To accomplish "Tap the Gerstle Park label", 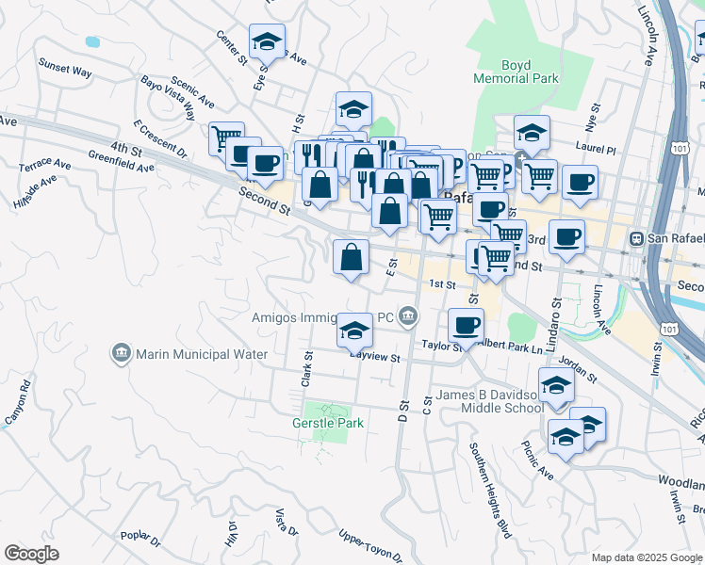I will [327, 423].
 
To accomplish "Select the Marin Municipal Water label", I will [203, 354].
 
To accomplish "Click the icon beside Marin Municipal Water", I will [122, 354].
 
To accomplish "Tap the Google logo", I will [31, 554].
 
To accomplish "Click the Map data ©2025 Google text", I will [646, 557].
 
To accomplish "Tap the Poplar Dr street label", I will [141, 537].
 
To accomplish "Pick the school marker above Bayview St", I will [353, 330].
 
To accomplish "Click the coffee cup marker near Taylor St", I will [466, 326].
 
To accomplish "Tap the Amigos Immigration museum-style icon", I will [407, 317].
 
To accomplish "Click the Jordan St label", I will [577, 367].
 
